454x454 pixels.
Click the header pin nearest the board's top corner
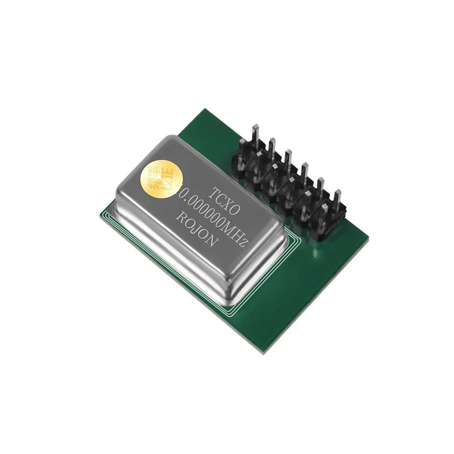click(x=255, y=129)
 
